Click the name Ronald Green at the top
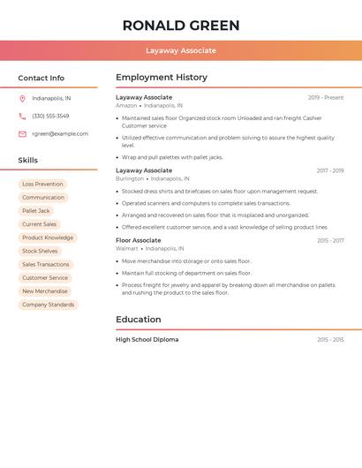coord(181,26)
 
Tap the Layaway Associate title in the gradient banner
coord(181,50)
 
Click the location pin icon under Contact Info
coord(22,99)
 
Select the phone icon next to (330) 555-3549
coord(22,117)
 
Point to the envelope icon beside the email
coord(22,134)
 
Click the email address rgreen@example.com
coord(60,134)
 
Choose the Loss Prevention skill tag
coord(42,184)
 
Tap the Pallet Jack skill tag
coord(36,211)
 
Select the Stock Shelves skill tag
coord(40,251)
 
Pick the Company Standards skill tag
coord(49,305)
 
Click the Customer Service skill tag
coord(45,278)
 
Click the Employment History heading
coord(162,78)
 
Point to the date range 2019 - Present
coord(326,97)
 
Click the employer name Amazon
coord(126,105)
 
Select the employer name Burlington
coord(130,178)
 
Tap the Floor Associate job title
coord(139,240)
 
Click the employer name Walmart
coord(127,249)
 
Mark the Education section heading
coord(139,320)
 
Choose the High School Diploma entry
coord(147,339)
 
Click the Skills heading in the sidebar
coord(28,161)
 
